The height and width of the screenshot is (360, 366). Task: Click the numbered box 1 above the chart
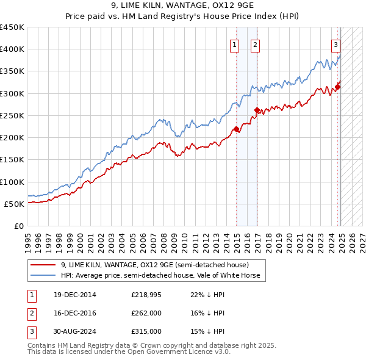[x=234, y=44]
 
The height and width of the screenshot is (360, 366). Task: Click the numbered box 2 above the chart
[x=254, y=44]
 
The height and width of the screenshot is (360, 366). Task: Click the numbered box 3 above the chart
[x=336, y=44]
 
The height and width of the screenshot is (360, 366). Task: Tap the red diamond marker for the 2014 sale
[x=237, y=129]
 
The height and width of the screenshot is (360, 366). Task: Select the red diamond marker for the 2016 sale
[x=257, y=110]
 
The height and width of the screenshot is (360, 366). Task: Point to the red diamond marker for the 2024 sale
[x=338, y=87]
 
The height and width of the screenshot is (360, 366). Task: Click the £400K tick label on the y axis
[x=12, y=49]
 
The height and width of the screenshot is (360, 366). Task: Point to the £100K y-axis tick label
[x=12, y=182]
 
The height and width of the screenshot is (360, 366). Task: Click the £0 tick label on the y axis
[x=18, y=226]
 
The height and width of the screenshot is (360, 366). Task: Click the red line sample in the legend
[x=43, y=265]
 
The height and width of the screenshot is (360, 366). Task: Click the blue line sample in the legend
[x=43, y=276]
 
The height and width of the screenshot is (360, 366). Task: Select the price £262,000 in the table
[x=146, y=313]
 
